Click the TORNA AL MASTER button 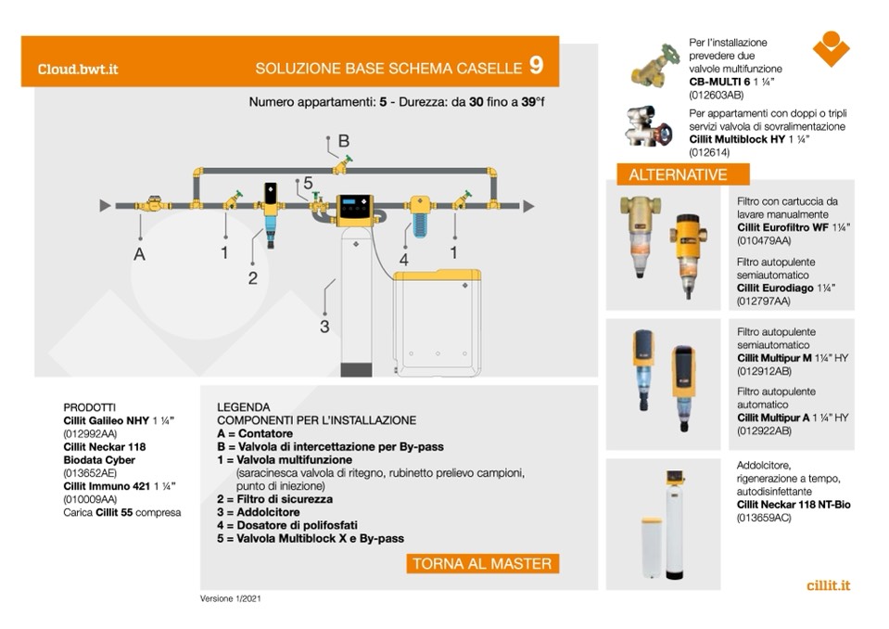pyautogui.click(x=481, y=563)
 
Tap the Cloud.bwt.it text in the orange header pyautogui.click(x=78, y=69)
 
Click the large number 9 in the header pyautogui.click(x=536, y=66)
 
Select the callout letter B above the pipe pyautogui.click(x=343, y=142)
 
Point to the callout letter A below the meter pyautogui.click(x=140, y=255)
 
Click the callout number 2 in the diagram pyautogui.click(x=252, y=277)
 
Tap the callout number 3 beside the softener pyautogui.click(x=324, y=326)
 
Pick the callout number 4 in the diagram pyautogui.click(x=404, y=261)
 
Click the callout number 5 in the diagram pyautogui.click(x=308, y=184)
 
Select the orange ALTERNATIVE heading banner pyautogui.click(x=678, y=174)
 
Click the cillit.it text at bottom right pyautogui.click(x=829, y=585)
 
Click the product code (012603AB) pyautogui.click(x=716, y=95)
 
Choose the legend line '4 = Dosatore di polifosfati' pyautogui.click(x=286, y=525)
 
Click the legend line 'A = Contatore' pyautogui.click(x=255, y=433)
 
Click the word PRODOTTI pyautogui.click(x=89, y=407)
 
